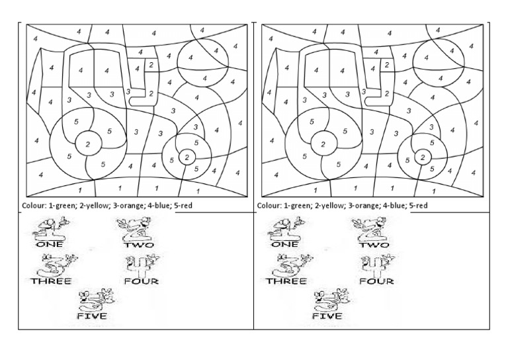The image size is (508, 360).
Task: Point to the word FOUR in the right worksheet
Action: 376,281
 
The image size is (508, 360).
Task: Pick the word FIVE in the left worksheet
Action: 93,316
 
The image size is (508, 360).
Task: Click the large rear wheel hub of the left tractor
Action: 88,142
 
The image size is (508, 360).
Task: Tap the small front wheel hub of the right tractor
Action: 423,157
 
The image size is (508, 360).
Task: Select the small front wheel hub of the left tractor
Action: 187,157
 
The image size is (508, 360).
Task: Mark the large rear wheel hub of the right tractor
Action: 323,142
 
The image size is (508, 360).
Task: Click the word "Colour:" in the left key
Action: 34,206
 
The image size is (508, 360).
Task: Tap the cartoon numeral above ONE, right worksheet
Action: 283,228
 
